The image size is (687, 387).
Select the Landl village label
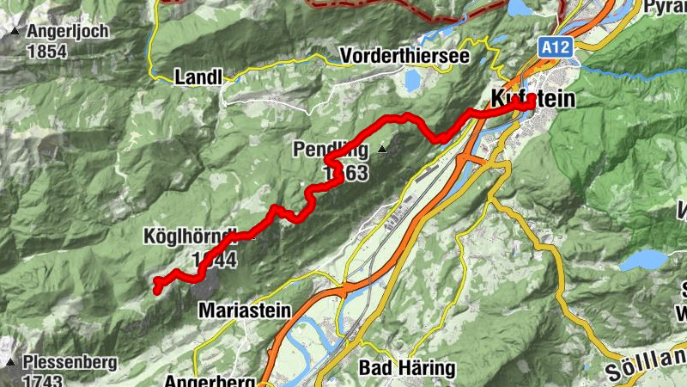click(198, 77)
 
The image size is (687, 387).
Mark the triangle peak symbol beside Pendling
click(382, 150)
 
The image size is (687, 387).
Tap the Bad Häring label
click(406, 368)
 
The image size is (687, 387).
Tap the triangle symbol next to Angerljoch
click(15, 33)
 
